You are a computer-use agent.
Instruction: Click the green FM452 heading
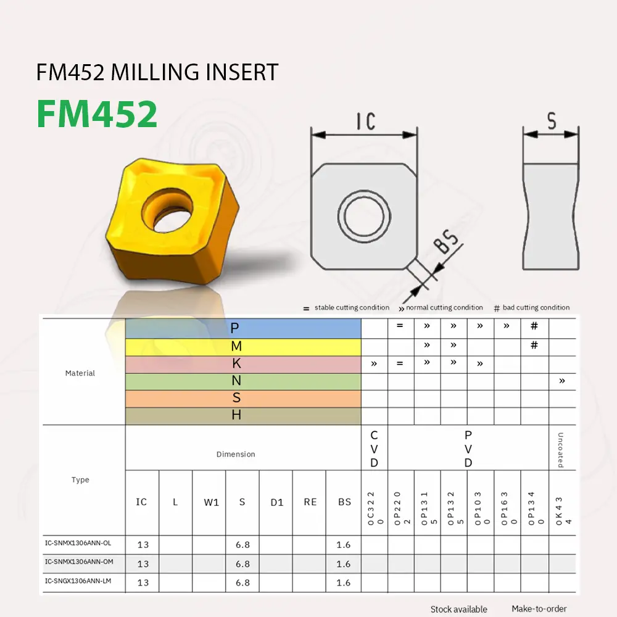[x=97, y=114]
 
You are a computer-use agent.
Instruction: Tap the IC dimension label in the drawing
[x=366, y=121]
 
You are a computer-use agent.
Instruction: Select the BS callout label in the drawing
[x=449, y=246]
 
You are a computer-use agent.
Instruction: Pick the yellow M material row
[x=243, y=347]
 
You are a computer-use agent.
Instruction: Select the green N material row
[x=243, y=381]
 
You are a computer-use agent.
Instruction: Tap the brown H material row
[x=243, y=416]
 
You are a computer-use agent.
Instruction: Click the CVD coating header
[x=374, y=449]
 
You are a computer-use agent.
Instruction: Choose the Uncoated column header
[x=561, y=449]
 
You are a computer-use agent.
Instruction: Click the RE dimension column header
[x=310, y=502]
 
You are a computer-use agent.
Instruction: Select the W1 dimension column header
[x=211, y=502]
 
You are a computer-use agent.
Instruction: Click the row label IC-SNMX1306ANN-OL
[x=78, y=543]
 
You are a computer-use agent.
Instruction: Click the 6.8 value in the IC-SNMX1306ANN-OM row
[x=242, y=564]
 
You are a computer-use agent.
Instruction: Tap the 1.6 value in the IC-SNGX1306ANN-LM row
[x=344, y=582]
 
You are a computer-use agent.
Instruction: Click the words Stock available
[x=458, y=609]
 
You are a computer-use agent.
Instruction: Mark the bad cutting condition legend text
[x=536, y=307]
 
